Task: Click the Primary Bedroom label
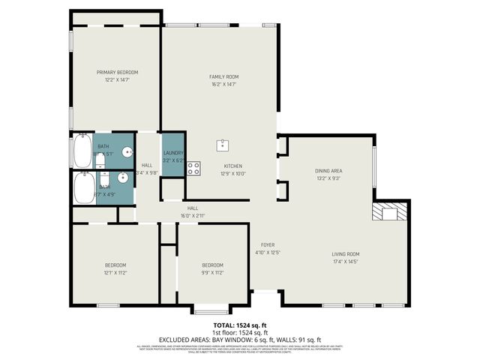coord(117,72)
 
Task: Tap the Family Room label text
coord(223,76)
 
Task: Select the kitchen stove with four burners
coord(193,169)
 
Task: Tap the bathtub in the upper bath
coord(81,151)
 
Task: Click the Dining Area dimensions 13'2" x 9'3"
coord(328,178)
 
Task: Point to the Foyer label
coord(268,245)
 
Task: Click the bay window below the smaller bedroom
coord(211,310)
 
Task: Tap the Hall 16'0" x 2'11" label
coord(193,212)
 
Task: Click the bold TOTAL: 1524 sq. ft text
coord(239,325)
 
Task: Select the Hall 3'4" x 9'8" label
coord(147,169)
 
